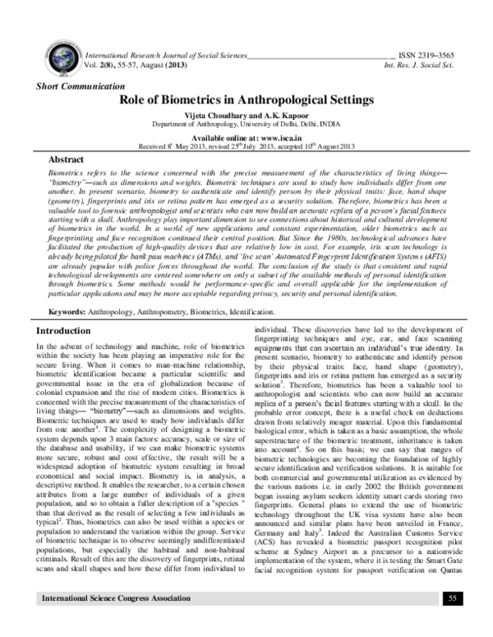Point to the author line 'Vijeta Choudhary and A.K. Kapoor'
(x=247, y=116)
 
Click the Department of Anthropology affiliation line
(x=247, y=125)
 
